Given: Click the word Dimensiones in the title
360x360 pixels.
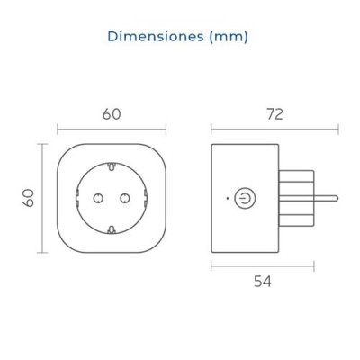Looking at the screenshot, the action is tap(156, 37).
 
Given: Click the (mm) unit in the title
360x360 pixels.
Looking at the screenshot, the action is tap(229, 37).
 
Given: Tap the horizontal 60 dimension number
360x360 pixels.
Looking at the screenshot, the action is tap(112, 114).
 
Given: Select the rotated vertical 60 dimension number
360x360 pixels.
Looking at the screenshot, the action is tap(28, 198).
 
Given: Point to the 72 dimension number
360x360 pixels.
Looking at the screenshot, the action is tap(274, 114).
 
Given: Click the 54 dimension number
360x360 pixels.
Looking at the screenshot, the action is tap(263, 282).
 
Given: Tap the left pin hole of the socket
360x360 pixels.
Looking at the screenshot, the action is tap(98, 198).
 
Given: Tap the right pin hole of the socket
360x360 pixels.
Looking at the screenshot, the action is tap(125, 198).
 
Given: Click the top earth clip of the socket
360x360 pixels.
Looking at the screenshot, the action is tap(112, 166).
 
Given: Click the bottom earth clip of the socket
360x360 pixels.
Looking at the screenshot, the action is tap(112, 229).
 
